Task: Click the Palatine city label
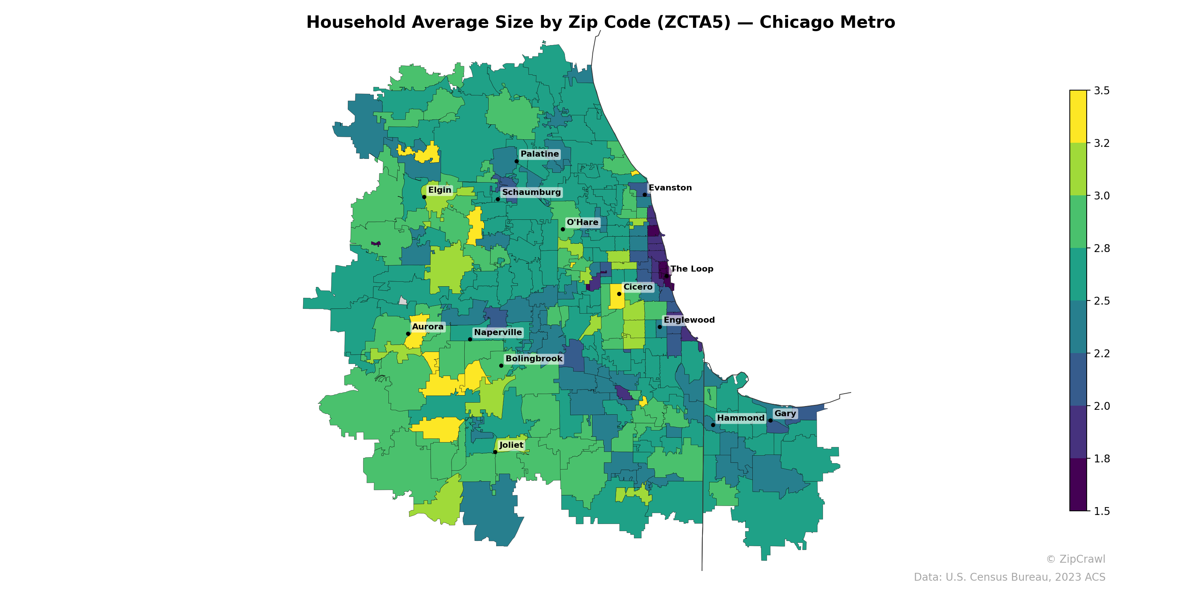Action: [539, 154]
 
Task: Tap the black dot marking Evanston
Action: [645, 195]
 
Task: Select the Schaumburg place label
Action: [531, 192]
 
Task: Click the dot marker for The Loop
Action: [666, 276]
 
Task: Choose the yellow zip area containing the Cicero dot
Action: [616, 301]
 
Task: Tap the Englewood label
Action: [689, 320]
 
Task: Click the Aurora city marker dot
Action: [408, 334]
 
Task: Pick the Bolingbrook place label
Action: [534, 359]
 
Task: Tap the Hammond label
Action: [740, 418]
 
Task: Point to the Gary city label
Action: [785, 414]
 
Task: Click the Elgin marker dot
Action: [424, 197]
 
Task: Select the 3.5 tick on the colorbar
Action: [1101, 91]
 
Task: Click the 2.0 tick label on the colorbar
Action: [1101, 406]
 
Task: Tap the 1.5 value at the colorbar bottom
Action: [1101, 511]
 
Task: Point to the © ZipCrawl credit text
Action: [1075, 559]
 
